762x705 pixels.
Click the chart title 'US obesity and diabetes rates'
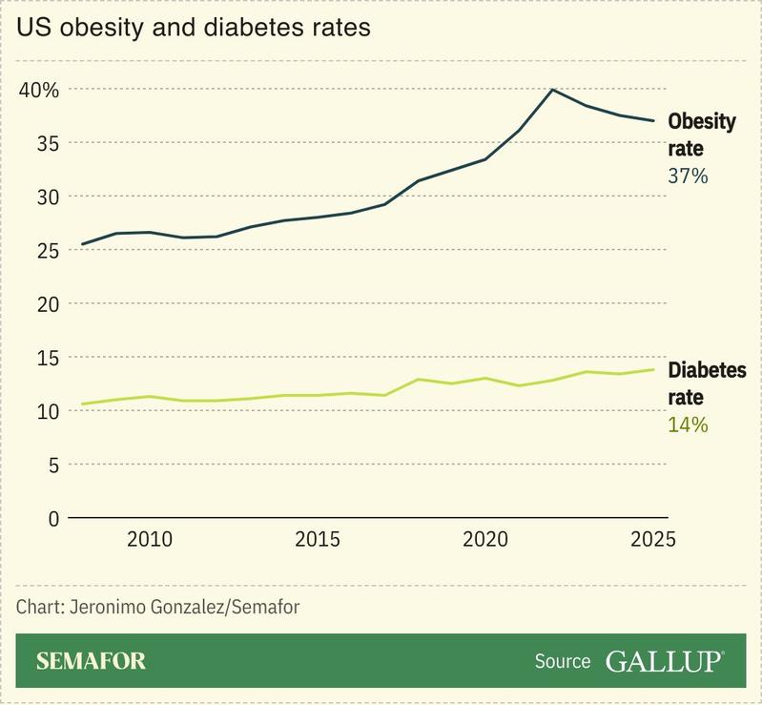click(194, 28)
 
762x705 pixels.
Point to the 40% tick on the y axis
click(39, 90)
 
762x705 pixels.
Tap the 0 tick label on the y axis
click(52, 518)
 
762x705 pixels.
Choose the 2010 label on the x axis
click(150, 540)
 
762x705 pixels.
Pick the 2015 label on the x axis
click(318, 540)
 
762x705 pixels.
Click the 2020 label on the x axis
click(485, 540)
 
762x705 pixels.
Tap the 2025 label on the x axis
click(652, 540)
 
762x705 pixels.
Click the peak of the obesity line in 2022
click(552, 90)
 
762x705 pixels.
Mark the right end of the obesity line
click(653, 121)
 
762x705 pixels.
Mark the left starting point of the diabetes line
click(83, 404)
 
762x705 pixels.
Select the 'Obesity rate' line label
click(701, 135)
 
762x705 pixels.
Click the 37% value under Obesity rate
click(688, 176)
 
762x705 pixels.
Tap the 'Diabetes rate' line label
click(707, 384)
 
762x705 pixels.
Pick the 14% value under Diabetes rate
click(688, 425)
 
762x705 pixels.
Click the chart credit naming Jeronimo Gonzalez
click(157, 607)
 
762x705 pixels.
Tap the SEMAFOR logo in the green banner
click(92, 661)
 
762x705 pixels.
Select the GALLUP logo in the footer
click(664, 661)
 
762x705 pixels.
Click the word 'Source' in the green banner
click(563, 661)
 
